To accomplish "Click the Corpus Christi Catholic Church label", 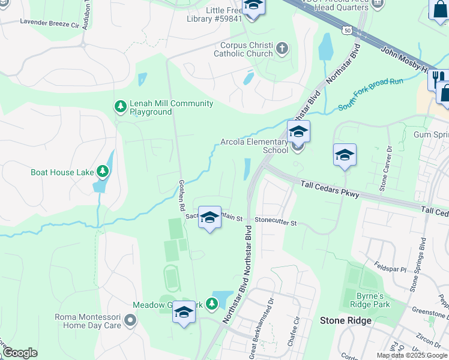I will click(246, 49).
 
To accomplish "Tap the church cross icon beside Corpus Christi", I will click(282, 49).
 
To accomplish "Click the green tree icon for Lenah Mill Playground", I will click(120, 107).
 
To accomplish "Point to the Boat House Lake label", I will click(62, 172).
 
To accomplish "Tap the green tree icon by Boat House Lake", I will click(103, 172).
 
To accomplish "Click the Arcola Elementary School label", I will click(255, 146).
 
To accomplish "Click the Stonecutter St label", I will click(276, 221).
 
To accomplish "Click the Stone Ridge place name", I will click(345, 320).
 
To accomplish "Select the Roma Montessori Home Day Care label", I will click(88, 321).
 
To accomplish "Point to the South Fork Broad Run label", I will click(370, 94).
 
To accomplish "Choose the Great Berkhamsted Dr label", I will click(261, 330).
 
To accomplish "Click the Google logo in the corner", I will click(20, 353).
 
